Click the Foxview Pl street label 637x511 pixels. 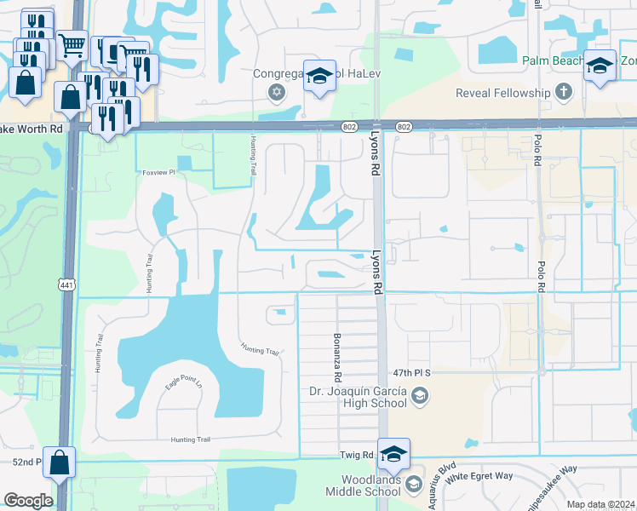point(158,172)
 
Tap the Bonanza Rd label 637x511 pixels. point(338,357)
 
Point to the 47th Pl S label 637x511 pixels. point(415,373)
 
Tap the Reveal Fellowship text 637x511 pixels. point(503,92)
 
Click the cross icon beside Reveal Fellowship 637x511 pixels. point(562,91)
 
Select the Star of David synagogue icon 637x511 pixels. point(275,92)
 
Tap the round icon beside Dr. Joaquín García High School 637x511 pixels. point(419,395)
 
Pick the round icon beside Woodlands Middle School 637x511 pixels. point(414,485)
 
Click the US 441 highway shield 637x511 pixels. point(66,284)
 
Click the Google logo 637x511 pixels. point(28,500)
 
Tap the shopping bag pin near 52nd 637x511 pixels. point(59,464)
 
